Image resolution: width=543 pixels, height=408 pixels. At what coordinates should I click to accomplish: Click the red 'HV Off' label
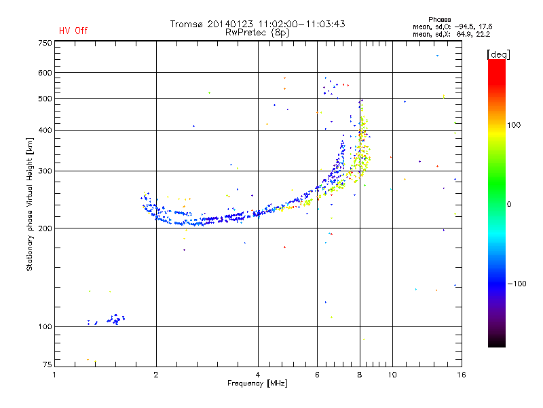[73, 31]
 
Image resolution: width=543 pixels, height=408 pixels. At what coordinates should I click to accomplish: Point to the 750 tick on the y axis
[45, 43]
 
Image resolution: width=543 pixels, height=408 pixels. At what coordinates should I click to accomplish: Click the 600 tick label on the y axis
[45, 73]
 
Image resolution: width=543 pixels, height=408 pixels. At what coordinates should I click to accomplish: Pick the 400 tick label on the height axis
[45, 130]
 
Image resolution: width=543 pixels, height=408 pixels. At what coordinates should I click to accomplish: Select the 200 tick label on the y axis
[45, 228]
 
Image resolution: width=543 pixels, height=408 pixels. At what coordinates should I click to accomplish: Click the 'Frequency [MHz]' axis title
[258, 384]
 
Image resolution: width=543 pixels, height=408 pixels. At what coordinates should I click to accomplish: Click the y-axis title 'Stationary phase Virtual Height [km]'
[30, 204]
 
